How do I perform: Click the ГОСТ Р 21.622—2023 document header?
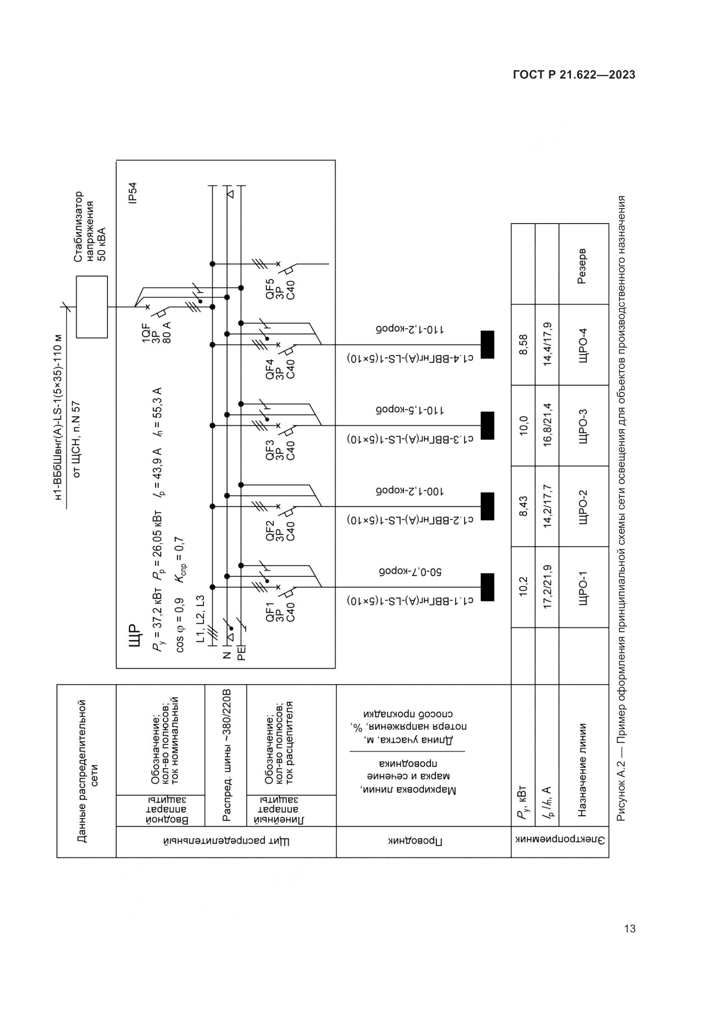(x=574, y=75)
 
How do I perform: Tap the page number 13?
(x=629, y=928)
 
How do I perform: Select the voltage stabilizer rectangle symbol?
(x=92, y=307)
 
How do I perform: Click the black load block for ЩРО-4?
(x=487, y=345)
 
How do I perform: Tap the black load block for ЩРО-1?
(x=487, y=587)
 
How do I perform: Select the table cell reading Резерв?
(x=582, y=266)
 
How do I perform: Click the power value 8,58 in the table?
(x=523, y=345)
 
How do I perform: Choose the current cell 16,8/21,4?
(x=547, y=426)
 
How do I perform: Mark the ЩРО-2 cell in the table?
(x=582, y=506)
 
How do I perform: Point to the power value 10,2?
(x=523, y=587)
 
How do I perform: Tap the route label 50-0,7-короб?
(x=410, y=572)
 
